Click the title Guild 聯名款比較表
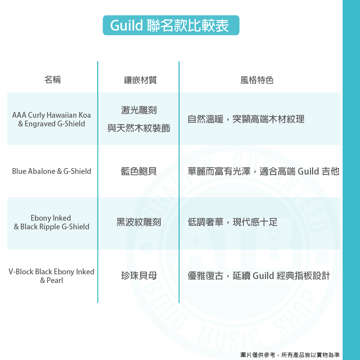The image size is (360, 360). tap(171, 25)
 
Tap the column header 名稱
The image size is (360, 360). tap(53, 80)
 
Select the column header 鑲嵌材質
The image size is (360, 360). tap(139, 80)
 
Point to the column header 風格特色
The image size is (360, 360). tap(257, 80)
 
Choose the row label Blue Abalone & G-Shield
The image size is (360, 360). tap(51, 171)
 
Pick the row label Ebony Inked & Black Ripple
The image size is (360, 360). tap(51, 222)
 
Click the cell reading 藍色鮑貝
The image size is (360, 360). tap(139, 171)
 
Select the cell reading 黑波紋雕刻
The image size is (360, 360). tap(139, 222)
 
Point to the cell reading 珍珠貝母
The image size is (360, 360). tap(139, 276)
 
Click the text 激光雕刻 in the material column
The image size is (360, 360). tap(139, 110)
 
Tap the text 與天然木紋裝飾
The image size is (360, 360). tap(139, 128)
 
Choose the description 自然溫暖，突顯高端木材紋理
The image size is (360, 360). tap(246, 119)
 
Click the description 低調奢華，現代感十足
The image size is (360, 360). tap(233, 222)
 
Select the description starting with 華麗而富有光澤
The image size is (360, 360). tap(263, 171)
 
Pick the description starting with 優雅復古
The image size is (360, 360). tap(259, 276)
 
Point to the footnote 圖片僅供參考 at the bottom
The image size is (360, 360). tap(290, 355)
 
